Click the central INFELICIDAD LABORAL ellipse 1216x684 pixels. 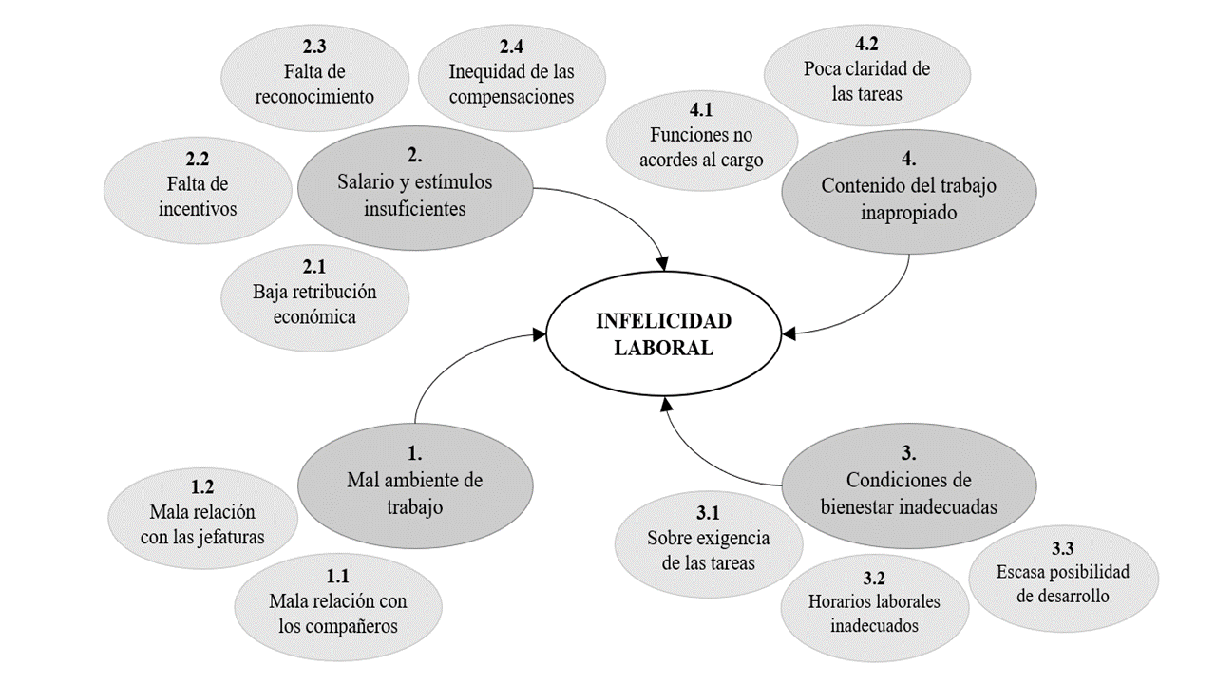coord(663,335)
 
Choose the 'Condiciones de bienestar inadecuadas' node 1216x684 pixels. coord(908,481)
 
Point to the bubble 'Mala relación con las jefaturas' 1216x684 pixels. coord(202,513)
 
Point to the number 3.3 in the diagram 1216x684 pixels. coord(1063,548)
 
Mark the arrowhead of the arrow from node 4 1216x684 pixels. coord(788,333)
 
